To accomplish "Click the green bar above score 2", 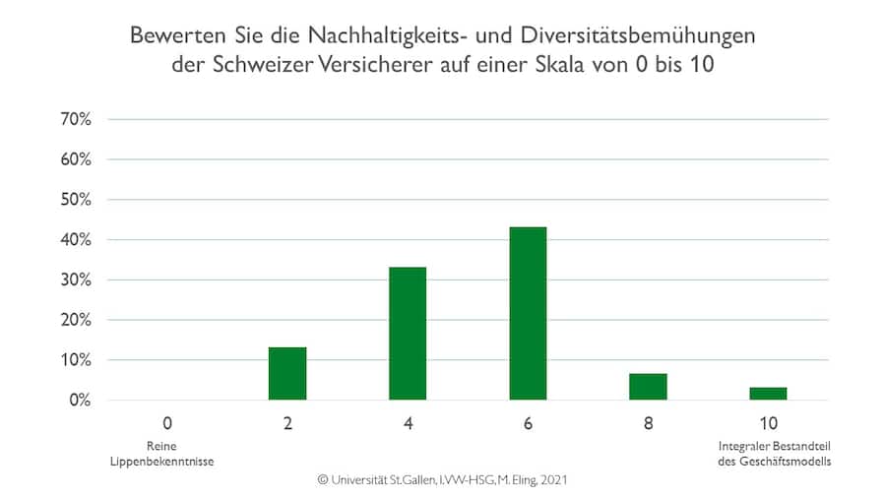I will [x=287, y=373].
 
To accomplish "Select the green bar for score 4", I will [x=408, y=334].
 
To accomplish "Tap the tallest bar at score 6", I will [x=528, y=313].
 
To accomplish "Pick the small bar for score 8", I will [x=648, y=387].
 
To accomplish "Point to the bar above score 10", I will [x=768, y=394].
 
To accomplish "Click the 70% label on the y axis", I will [x=76, y=119].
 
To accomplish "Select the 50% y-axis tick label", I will [x=76, y=200].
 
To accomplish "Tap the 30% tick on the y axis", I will [x=76, y=280].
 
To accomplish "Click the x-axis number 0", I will [x=167, y=424].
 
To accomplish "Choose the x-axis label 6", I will [x=528, y=424].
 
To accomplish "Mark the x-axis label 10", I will [x=768, y=424].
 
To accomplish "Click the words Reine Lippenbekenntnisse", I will [x=167, y=454].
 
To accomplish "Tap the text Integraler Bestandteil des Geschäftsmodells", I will [x=768, y=454].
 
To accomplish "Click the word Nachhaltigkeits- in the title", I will [x=365, y=36].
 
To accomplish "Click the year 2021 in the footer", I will [x=552, y=480].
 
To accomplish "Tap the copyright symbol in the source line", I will [x=322, y=480].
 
